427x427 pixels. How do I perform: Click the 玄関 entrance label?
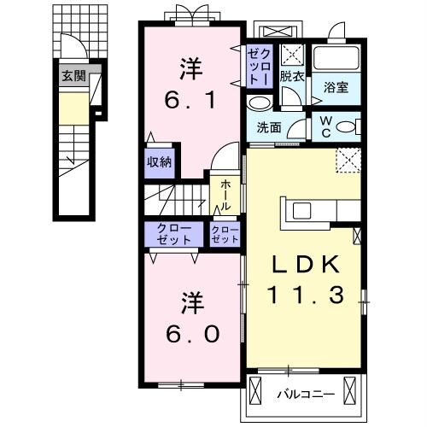tap(73, 75)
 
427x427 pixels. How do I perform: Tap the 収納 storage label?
tap(159, 161)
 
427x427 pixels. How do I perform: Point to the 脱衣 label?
tap(292, 75)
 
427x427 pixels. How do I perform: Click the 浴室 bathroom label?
tap(336, 85)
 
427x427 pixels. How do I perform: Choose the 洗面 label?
tap(269, 129)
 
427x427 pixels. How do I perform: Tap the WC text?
tap(325, 126)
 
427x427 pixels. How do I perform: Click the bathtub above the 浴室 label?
tap(336, 59)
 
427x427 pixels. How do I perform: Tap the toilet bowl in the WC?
tap(346, 127)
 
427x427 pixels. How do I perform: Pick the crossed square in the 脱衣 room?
tap(292, 56)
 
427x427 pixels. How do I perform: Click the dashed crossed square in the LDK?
tap(348, 160)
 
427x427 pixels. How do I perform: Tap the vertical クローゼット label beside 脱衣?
tap(259, 65)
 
